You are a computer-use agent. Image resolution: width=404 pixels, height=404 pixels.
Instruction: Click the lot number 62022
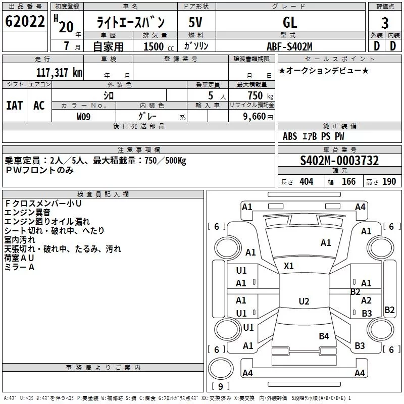25,21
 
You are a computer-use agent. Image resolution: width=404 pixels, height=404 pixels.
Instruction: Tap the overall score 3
385,23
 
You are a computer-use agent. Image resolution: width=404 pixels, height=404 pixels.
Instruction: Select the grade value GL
290,22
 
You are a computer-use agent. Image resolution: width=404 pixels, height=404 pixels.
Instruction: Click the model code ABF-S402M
289,46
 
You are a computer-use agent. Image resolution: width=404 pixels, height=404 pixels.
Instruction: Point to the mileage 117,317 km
59,73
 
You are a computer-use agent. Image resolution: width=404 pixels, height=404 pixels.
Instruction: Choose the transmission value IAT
15,106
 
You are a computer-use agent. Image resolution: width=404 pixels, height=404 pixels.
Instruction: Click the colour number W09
83,117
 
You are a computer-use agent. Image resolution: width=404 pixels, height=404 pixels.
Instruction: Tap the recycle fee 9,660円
258,117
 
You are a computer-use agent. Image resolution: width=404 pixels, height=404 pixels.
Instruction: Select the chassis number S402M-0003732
339,161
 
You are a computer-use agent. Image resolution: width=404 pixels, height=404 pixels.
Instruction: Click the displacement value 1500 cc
159,46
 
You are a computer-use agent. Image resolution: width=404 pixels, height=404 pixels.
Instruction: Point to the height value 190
389,181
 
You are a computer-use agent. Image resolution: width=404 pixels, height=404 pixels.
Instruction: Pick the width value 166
348,181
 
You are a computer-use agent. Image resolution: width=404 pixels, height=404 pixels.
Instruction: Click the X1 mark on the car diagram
288,266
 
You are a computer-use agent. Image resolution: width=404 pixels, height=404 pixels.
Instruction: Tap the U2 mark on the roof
304,301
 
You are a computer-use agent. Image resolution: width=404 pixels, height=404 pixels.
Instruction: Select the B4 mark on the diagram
324,336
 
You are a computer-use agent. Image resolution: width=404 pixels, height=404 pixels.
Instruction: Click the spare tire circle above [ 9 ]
221,368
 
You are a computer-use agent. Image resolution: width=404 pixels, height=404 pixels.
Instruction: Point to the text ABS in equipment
290,136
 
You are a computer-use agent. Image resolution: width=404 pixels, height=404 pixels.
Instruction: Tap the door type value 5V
195,22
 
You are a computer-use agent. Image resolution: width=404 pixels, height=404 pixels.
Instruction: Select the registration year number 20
66,27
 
